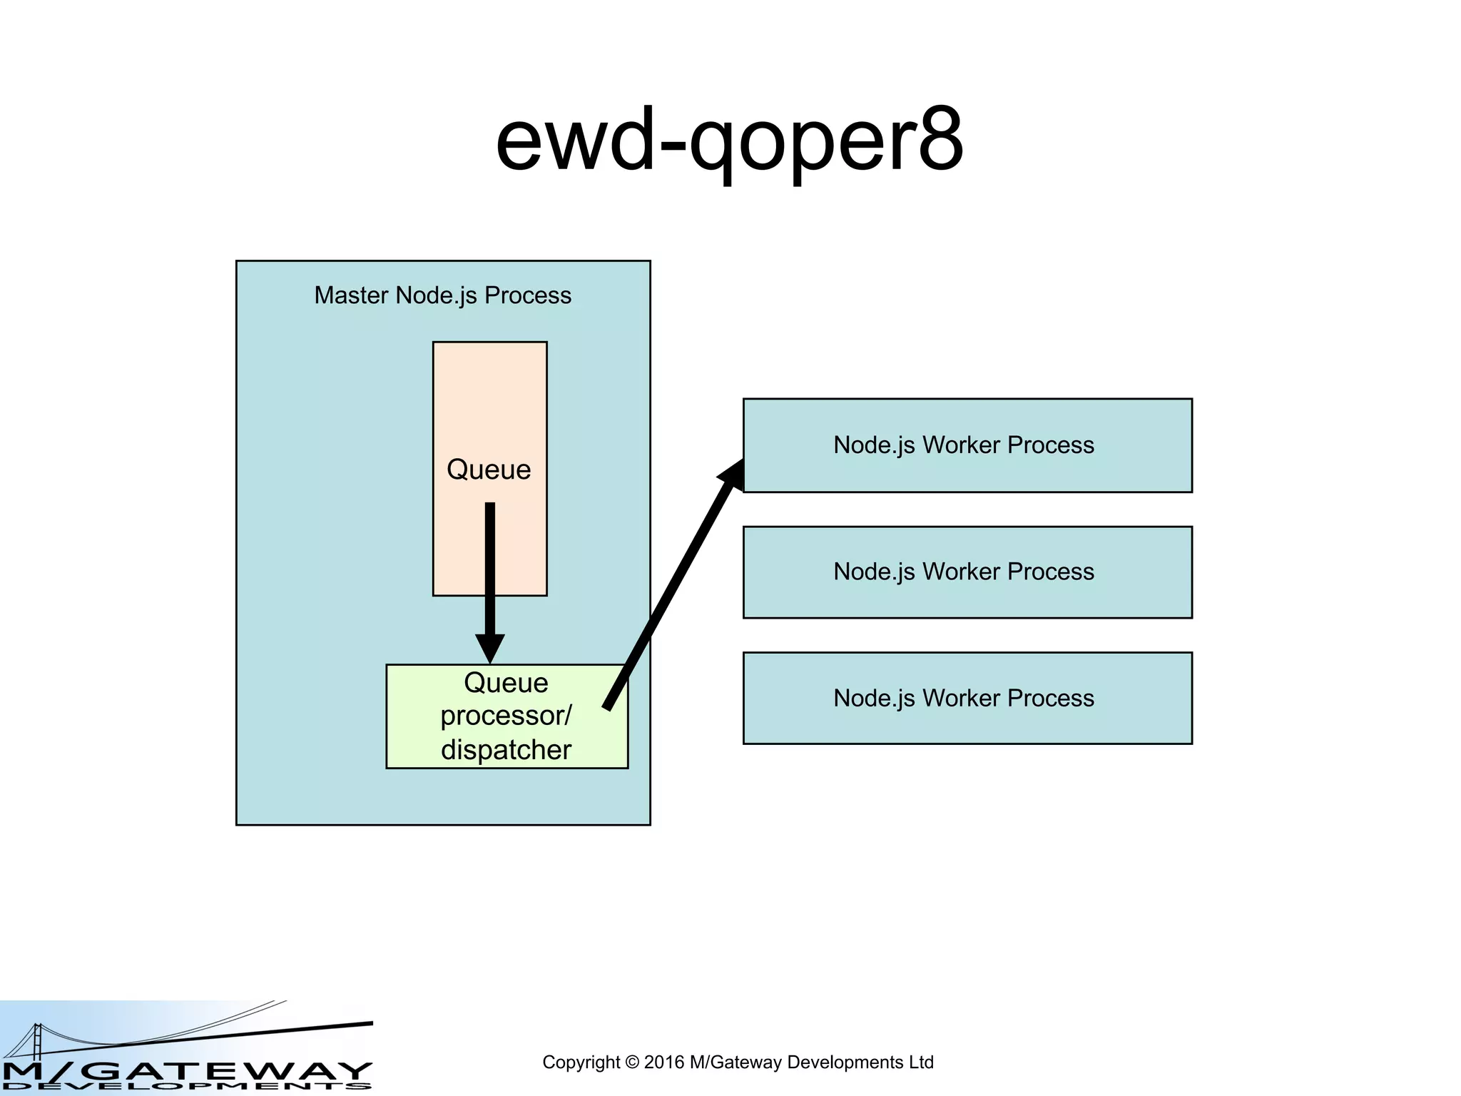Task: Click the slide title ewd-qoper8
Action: [x=729, y=140]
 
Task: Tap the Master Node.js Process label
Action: [x=442, y=295]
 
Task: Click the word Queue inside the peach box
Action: [x=489, y=470]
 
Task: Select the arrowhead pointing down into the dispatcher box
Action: [x=490, y=648]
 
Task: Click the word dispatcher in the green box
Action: [x=506, y=750]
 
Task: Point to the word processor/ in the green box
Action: [x=506, y=716]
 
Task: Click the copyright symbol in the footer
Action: [x=631, y=1062]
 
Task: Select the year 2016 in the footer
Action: [x=664, y=1062]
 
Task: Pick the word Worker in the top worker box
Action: [x=961, y=445]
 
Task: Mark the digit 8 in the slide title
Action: [x=940, y=140]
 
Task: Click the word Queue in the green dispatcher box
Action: [x=506, y=683]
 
